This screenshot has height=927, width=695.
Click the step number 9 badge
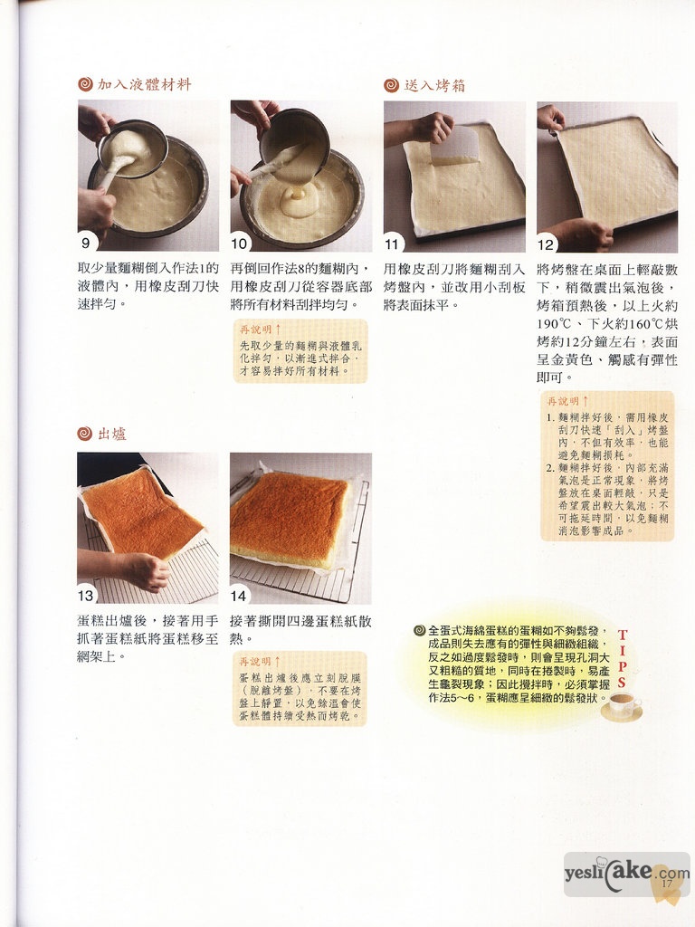86,243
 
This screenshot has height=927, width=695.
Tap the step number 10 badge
239,244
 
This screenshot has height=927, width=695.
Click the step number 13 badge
86,594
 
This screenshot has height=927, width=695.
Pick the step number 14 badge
239,596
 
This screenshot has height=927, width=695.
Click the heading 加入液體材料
144,84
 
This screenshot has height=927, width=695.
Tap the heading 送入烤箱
435,86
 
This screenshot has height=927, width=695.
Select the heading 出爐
112,434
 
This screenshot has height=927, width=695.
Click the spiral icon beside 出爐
85,434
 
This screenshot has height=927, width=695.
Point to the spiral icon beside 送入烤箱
391,86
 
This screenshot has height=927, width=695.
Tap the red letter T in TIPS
623,635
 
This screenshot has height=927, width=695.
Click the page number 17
667,884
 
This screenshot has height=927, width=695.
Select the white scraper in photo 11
453,145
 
